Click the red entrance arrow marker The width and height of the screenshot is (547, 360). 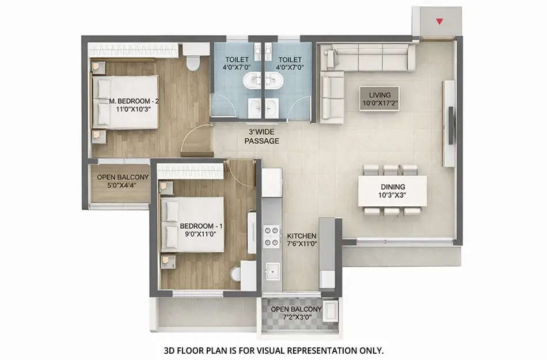[440, 22]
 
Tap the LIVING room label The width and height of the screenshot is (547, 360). [379, 95]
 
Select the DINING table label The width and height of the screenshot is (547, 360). [393, 187]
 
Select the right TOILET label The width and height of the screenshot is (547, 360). [290, 59]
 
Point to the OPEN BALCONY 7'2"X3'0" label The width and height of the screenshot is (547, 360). [296, 309]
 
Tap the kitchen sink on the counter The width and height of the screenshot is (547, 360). [272, 270]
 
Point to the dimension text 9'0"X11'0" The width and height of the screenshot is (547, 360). [197, 234]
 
